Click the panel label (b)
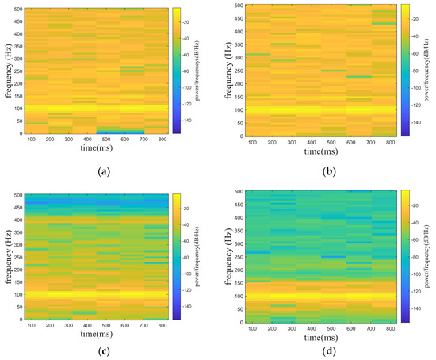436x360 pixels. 327,170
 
